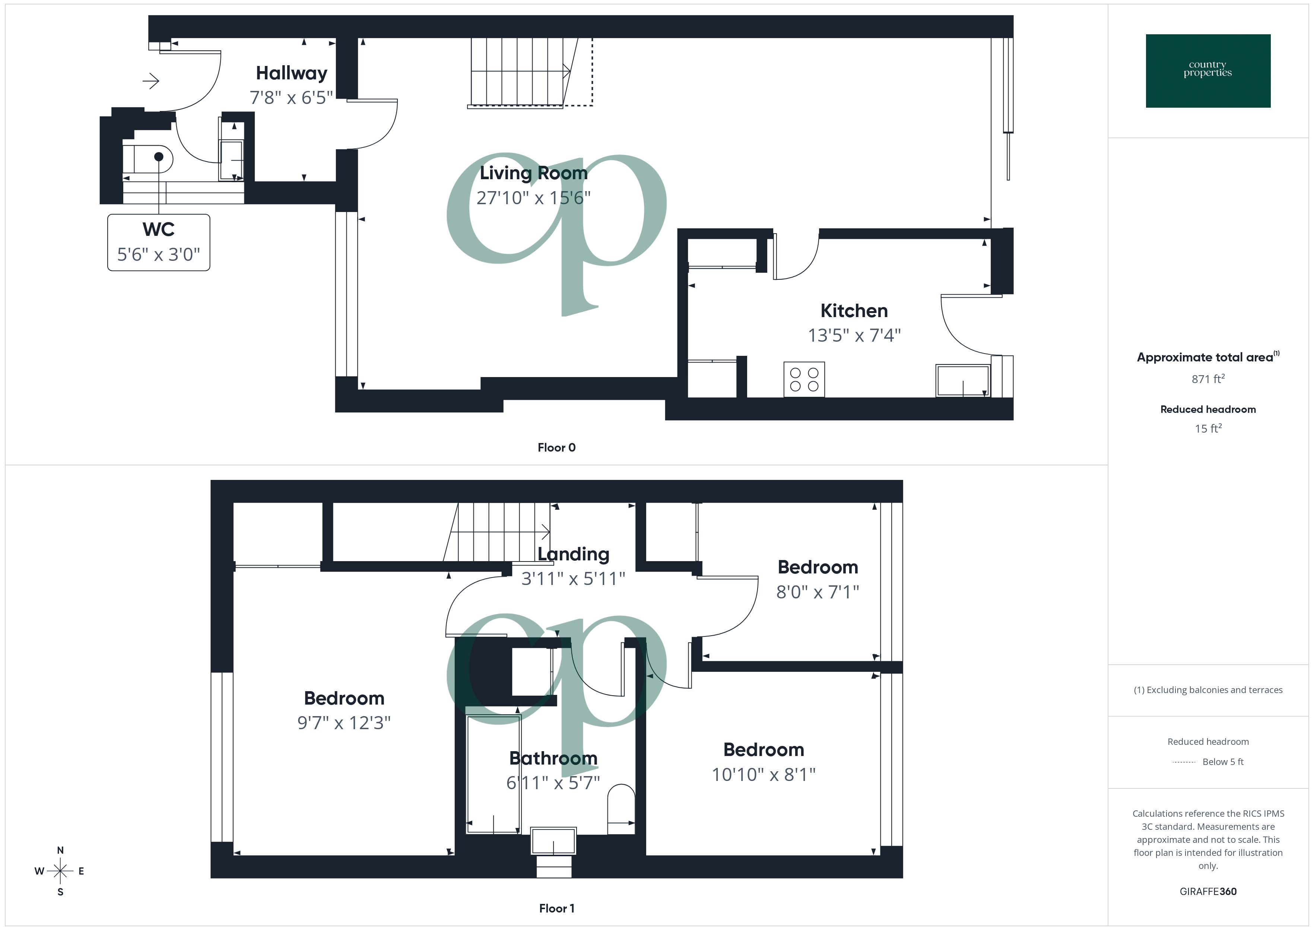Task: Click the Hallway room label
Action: click(291, 73)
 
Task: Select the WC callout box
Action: click(159, 242)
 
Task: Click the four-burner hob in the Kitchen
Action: click(804, 379)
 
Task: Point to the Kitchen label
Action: click(854, 311)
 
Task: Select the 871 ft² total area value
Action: click(1207, 379)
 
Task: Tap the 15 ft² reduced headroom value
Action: click(1207, 429)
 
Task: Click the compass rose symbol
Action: click(60, 871)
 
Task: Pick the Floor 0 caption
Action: click(556, 448)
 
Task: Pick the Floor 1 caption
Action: click(556, 908)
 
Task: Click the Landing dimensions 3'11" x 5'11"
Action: click(573, 579)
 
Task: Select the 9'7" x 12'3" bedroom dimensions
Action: click(344, 723)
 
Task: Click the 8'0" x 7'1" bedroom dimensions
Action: click(817, 592)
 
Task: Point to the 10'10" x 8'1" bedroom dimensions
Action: click(764, 775)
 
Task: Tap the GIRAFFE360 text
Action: click(1207, 892)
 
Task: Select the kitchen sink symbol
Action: click(963, 380)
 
